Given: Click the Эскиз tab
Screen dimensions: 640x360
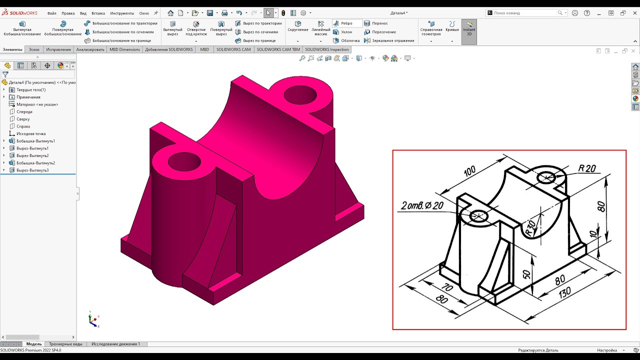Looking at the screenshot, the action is pyautogui.click(x=34, y=49).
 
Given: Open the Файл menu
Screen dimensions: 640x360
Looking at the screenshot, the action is pyautogui.click(x=51, y=13).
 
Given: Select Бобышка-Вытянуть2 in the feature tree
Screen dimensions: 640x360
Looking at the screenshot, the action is pyautogui.click(x=35, y=163).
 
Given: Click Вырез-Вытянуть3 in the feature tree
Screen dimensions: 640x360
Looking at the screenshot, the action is pyautogui.click(x=32, y=170).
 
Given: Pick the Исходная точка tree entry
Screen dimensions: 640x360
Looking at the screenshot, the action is pyautogui.click(x=31, y=133).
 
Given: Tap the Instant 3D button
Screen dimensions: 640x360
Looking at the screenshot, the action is pyautogui.click(x=469, y=29).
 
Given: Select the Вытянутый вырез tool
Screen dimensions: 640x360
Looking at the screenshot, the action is pyautogui.click(x=172, y=28).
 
